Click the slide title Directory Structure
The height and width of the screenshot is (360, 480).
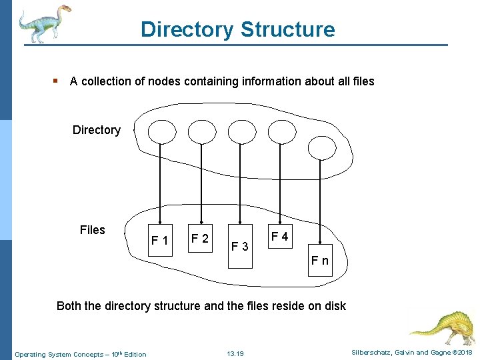(237, 29)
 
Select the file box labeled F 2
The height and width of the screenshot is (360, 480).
(199, 238)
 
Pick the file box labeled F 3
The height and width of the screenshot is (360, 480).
(240, 247)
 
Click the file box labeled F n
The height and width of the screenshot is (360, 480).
(320, 260)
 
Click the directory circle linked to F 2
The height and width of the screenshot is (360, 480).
(201, 132)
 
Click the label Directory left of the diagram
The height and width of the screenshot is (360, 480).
(97, 130)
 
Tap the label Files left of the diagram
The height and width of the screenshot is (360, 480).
(92, 230)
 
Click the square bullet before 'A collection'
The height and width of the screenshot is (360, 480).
(56, 81)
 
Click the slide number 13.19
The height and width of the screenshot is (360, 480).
(235, 354)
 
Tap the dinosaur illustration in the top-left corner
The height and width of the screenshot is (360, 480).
(43, 23)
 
